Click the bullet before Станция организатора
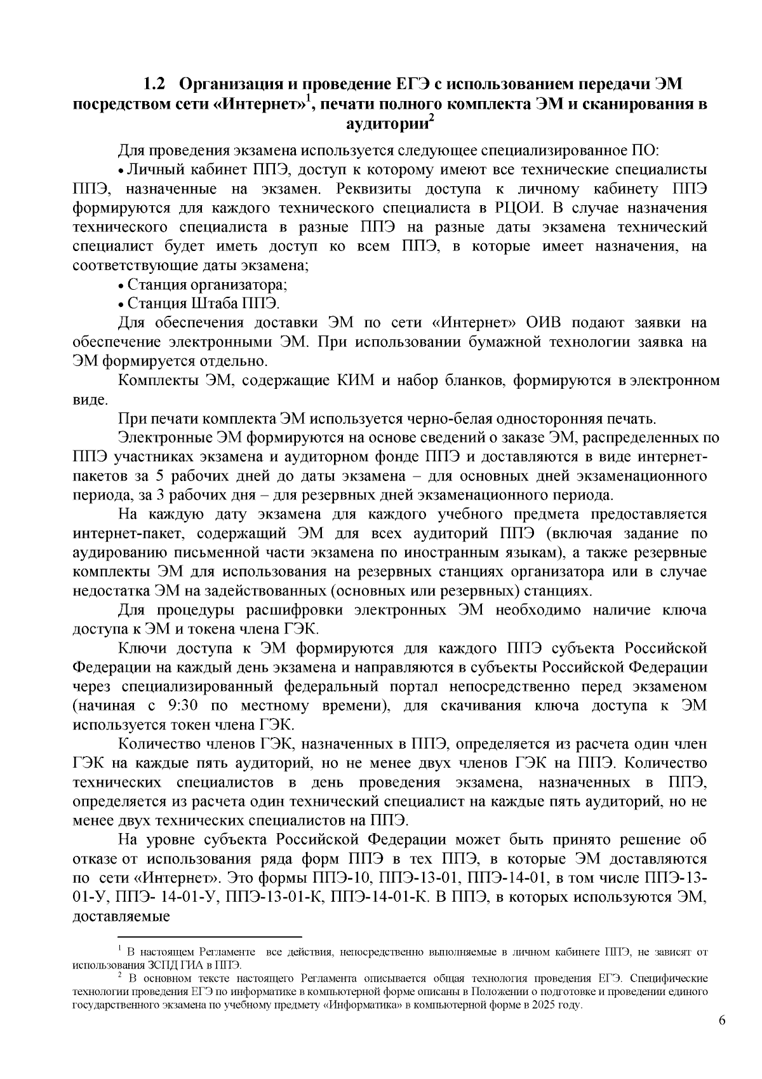point(121,285)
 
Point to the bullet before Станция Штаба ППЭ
point(121,304)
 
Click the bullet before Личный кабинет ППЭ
point(121,170)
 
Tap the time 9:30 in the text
point(174,705)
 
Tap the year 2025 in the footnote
point(545,1005)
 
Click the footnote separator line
point(210,936)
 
